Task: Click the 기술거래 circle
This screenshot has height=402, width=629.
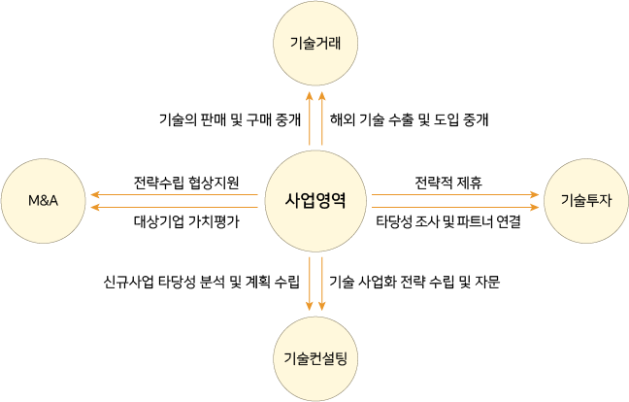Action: (x=315, y=43)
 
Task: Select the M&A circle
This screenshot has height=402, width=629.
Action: (x=44, y=201)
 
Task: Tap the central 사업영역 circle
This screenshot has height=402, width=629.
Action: (x=315, y=201)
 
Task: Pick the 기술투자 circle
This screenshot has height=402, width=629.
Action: (x=586, y=201)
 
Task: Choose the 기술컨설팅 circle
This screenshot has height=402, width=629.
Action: (x=315, y=358)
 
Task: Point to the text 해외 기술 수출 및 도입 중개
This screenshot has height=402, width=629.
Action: (x=409, y=121)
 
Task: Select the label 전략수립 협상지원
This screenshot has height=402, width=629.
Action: (x=186, y=182)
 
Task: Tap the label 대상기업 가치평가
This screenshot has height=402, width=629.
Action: (x=186, y=221)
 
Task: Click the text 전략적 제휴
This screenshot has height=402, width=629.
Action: (x=448, y=182)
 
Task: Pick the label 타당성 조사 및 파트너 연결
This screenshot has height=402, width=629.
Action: (x=448, y=221)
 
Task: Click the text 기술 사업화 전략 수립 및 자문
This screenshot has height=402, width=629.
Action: (x=414, y=283)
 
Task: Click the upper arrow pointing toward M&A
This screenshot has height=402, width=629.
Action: (x=175, y=195)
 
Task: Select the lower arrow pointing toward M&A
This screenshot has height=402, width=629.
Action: (x=175, y=207)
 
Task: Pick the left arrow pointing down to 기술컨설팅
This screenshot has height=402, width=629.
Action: (x=310, y=284)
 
